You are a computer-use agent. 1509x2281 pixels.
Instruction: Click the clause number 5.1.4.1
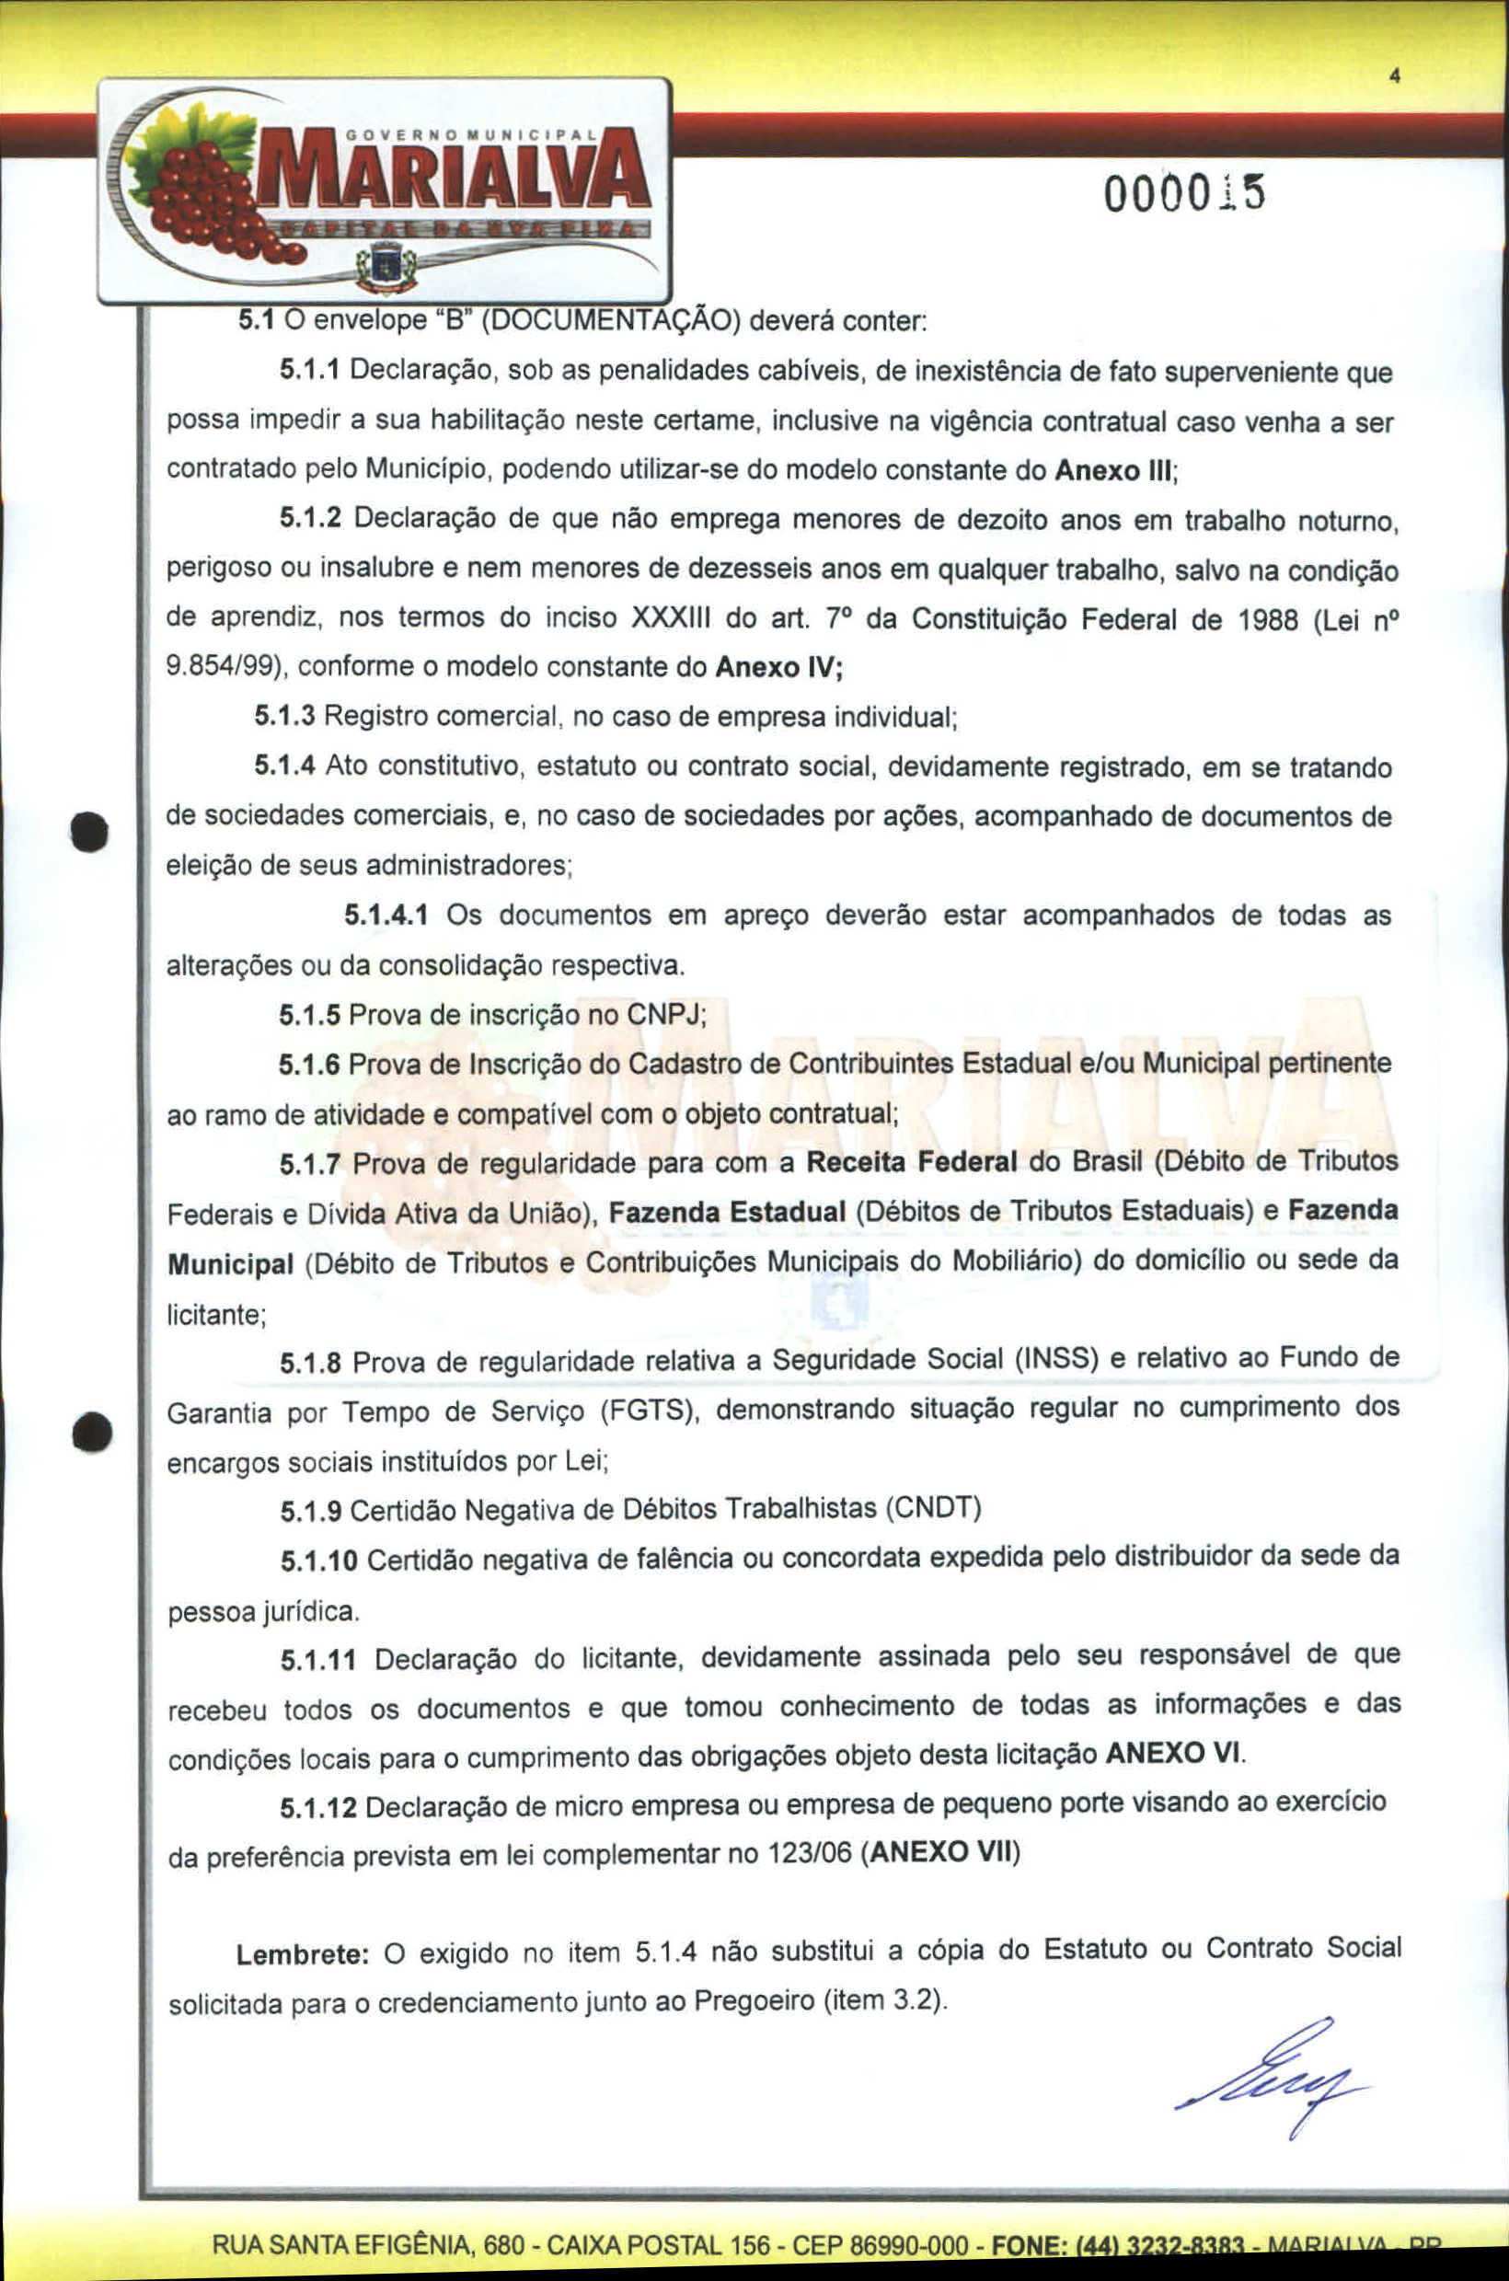386,915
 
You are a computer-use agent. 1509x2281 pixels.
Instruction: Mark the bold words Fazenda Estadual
727,1212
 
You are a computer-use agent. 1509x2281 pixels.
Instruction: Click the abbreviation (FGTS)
649,1411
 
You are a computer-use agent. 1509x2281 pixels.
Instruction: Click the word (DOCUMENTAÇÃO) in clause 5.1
609,320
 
